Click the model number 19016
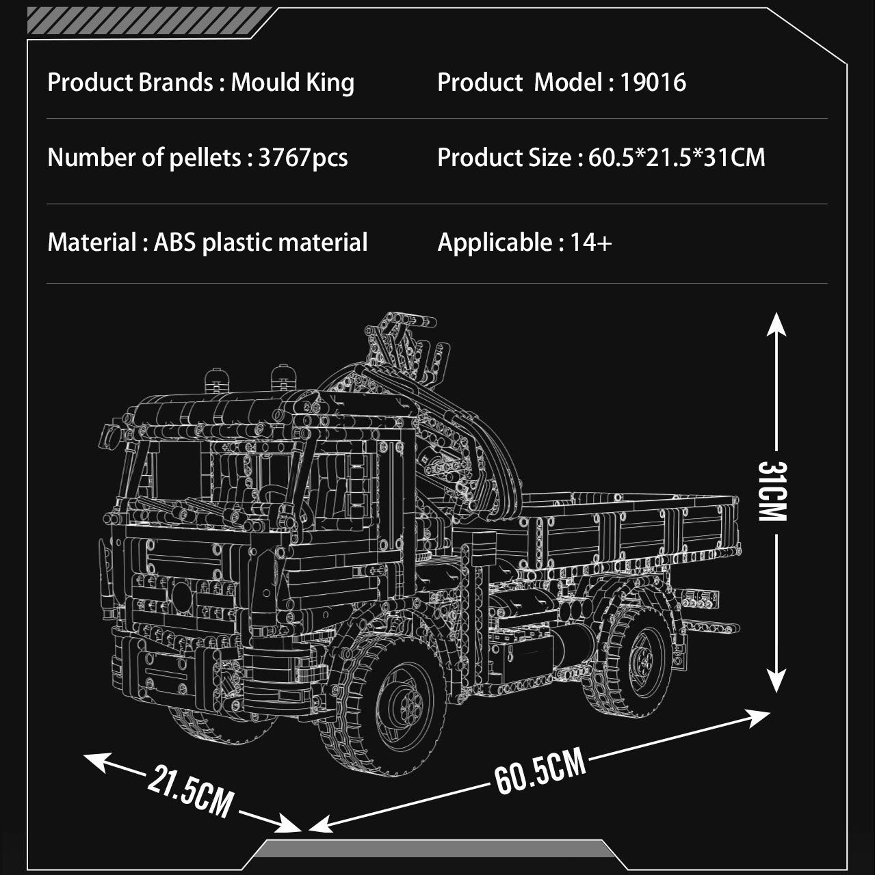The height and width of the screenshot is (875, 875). coord(653,83)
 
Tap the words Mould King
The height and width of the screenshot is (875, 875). coord(292,83)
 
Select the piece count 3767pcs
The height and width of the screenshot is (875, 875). coord(303,158)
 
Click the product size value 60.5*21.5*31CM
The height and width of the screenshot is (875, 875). coord(677,157)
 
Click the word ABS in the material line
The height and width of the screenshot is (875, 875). coord(175,243)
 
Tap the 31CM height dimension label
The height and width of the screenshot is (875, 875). coord(772,492)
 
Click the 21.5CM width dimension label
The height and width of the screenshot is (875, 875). coord(190,791)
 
